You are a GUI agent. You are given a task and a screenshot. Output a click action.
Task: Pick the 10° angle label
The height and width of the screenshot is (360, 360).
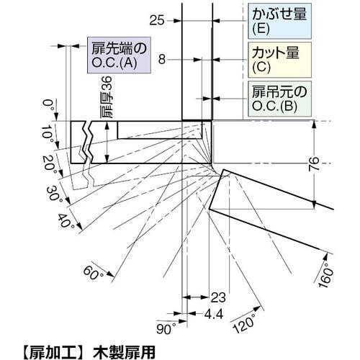click(48, 134)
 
